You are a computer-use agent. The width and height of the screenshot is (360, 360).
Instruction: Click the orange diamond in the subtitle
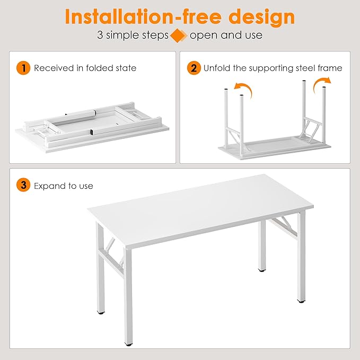[x=179, y=36]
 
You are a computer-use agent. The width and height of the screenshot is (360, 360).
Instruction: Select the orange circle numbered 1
[x=23, y=68]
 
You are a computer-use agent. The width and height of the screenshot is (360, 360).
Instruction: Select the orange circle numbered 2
[x=194, y=68]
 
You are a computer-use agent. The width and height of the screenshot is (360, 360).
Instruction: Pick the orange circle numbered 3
[x=23, y=186]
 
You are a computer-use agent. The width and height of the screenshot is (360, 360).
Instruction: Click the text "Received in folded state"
[x=85, y=68]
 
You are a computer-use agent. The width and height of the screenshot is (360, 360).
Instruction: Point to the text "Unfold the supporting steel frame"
[x=273, y=68]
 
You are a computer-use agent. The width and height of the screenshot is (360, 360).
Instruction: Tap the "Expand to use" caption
[x=63, y=186]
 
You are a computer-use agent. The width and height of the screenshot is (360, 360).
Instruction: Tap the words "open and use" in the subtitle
[x=226, y=36]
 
